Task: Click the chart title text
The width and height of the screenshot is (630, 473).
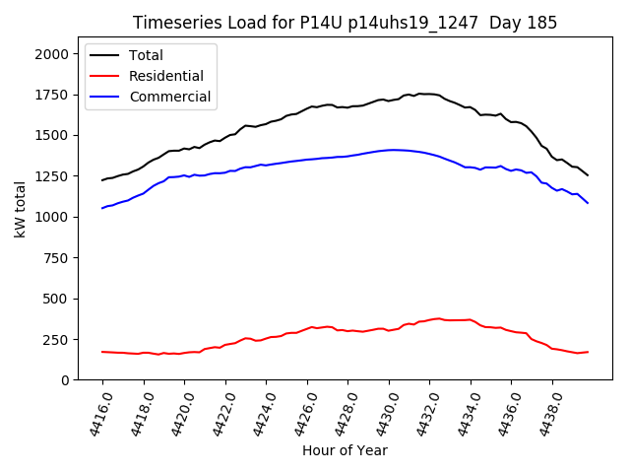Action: (345, 23)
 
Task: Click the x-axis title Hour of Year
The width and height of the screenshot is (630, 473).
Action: (345, 450)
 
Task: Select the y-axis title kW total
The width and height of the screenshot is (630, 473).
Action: (20, 209)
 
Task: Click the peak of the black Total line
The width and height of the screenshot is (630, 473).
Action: (419, 94)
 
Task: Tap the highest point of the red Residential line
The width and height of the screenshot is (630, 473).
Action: (438, 318)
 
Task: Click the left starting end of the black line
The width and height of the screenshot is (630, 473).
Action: (102, 179)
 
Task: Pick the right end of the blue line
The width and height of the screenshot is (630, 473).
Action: (588, 203)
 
